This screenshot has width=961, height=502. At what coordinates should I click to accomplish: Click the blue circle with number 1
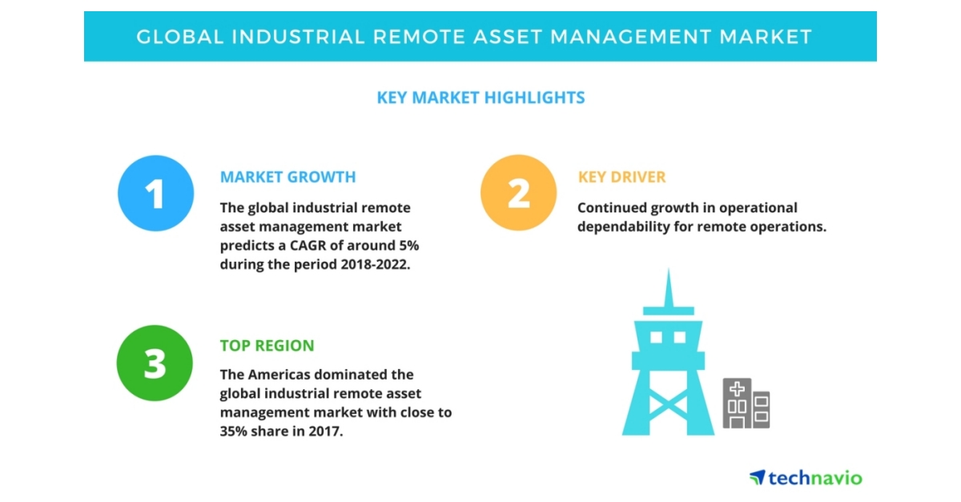[155, 194]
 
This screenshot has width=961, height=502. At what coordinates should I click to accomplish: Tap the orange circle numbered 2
[518, 194]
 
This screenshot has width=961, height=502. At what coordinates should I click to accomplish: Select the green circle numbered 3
[155, 363]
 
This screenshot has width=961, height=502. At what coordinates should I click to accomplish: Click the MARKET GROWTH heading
[287, 177]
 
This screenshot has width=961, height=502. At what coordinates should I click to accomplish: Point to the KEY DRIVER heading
[621, 177]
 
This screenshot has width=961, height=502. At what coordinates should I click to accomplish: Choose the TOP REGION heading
[267, 346]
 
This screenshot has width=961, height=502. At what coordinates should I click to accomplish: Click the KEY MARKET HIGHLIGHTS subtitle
[480, 98]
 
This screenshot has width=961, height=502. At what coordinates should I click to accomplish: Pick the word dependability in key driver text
[625, 227]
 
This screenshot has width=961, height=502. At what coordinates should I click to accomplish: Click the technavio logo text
[815, 478]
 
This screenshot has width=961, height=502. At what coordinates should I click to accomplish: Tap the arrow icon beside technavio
[757, 477]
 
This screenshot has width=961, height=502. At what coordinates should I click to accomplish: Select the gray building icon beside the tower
[746, 404]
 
